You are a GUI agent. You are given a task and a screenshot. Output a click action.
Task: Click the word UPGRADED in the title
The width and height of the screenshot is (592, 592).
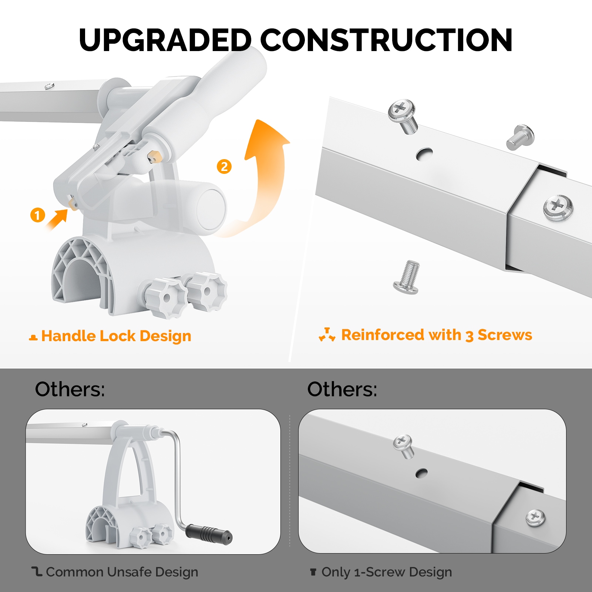(x=165, y=40)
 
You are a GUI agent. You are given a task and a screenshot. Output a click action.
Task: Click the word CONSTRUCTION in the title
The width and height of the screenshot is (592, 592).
(x=387, y=40)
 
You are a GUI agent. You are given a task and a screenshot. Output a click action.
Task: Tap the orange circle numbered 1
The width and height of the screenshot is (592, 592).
(x=37, y=215)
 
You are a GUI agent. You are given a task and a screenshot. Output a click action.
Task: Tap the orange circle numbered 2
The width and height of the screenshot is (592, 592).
(x=224, y=166)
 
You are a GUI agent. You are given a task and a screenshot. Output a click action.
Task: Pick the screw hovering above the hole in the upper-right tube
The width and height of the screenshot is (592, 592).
(x=403, y=116)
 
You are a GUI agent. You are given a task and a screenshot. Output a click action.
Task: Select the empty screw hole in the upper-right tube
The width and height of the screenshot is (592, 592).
(x=424, y=154)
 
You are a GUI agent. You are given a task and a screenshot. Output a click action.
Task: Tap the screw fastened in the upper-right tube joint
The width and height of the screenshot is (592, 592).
(x=558, y=208)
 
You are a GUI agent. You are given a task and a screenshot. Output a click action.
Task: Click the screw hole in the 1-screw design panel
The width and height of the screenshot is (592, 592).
(x=421, y=473)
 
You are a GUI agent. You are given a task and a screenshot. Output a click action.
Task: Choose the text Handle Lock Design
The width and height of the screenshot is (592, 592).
(x=116, y=336)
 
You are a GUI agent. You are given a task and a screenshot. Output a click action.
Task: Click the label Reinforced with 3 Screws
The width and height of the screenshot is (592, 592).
(x=437, y=335)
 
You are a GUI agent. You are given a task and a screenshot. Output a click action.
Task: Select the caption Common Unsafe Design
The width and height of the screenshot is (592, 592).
(x=122, y=572)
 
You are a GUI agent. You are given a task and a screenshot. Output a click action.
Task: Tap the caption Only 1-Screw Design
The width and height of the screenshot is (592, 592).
(x=387, y=572)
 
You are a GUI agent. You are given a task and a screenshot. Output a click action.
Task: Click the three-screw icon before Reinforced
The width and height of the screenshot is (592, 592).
(x=327, y=334)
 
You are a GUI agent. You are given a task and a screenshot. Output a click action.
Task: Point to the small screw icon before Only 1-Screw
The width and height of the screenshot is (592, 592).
(x=313, y=572)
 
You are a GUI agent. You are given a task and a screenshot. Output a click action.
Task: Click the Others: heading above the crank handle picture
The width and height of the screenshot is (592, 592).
(x=70, y=389)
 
